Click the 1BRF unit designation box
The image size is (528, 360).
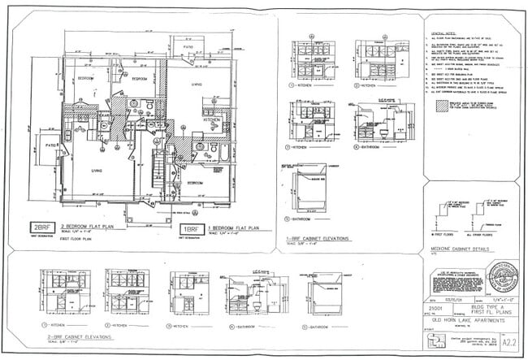click(191, 229)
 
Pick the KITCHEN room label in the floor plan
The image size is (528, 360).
click(212, 119)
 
